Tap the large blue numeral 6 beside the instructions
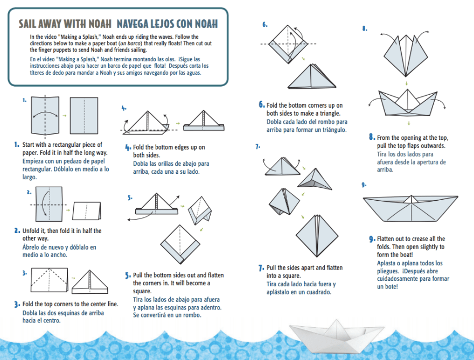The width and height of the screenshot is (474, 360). (x=261, y=104)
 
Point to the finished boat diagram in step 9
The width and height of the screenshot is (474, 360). (x=410, y=209)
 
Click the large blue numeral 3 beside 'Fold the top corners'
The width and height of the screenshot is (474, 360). (x=17, y=304)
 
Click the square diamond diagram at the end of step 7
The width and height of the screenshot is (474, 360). (x=317, y=236)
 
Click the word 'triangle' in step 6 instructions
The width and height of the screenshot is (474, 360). (x=330, y=114)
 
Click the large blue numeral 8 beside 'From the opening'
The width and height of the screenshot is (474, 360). (x=372, y=137)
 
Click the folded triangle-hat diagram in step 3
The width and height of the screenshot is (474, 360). (x=90, y=282)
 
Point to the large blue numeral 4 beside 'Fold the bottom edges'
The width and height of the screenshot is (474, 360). (x=128, y=147)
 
